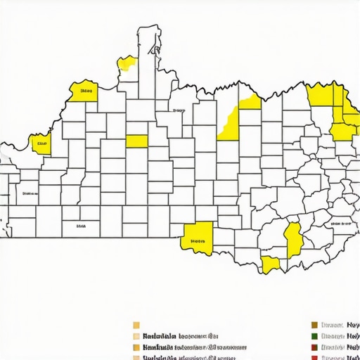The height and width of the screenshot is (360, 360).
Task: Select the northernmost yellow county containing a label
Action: tap(84, 91)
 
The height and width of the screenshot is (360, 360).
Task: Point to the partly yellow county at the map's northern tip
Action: tap(127, 64)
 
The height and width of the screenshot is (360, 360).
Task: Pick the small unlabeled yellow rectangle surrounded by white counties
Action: tap(136, 141)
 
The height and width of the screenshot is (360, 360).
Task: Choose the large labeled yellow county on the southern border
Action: tap(197, 237)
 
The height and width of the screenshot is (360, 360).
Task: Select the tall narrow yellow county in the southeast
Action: tap(294, 239)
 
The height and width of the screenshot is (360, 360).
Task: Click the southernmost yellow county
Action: tap(270, 264)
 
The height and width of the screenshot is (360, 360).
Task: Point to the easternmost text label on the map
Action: tap(344, 222)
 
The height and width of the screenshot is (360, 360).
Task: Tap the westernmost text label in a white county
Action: tap(30, 192)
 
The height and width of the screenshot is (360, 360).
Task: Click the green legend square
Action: tap(314, 337)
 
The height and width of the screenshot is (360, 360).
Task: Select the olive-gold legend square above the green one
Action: tap(314, 326)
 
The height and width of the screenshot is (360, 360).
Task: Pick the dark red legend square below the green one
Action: tap(314, 347)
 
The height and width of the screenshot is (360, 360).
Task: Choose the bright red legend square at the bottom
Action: tap(314, 357)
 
